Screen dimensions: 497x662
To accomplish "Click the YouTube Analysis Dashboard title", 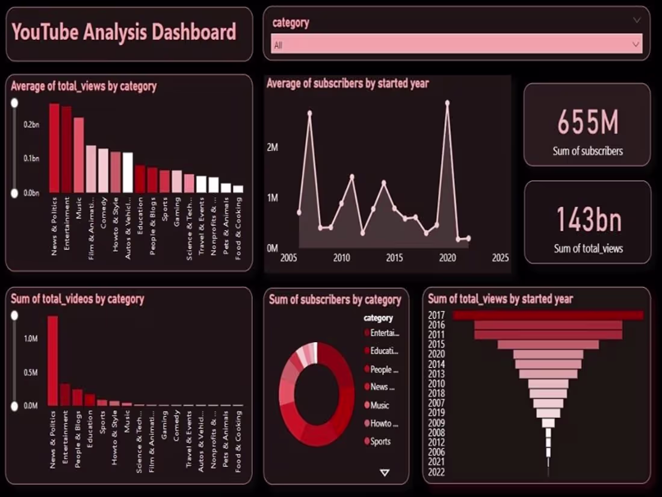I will click(x=124, y=32).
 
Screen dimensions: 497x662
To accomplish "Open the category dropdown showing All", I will click(x=456, y=44).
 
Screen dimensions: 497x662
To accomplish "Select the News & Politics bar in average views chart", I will click(x=54, y=148).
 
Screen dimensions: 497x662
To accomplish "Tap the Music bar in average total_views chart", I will click(x=79, y=155).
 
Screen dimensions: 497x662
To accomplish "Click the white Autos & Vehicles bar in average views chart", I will click(x=127, y=172).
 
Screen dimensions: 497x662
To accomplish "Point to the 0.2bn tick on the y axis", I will click(x=31, y=124).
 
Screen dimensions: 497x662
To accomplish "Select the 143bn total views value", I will click(x=588, y=220).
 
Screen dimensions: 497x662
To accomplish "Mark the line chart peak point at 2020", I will click(x=447, y=103).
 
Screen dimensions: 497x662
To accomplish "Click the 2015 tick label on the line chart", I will click(x=394, y=258).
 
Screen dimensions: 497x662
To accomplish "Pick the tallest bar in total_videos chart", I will click(x=53, y=360).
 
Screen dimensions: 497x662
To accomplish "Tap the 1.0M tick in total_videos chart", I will click(x=31, y=339).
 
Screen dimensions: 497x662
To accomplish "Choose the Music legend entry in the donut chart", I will click(x=379, y=405).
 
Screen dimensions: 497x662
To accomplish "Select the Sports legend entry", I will click(x=380, y=442).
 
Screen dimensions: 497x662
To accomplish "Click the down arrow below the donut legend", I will click(x=385, y=473).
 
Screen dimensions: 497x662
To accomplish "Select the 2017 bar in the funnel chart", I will click(x=548, y=315).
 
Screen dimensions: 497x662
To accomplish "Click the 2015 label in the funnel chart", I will click(x=436, y=345).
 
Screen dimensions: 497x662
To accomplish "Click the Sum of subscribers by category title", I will click(x=335, y=299).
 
